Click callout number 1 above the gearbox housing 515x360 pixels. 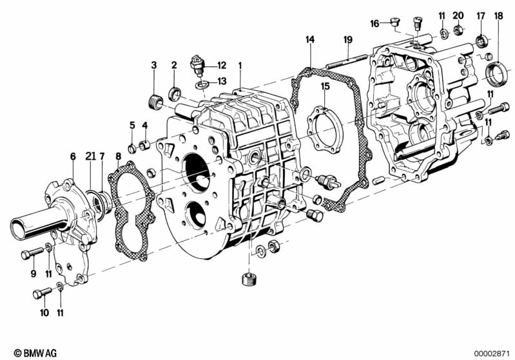[x=240, y=65]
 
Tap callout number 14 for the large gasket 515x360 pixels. [x=310, y=40]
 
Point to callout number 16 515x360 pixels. [x=374, y=24]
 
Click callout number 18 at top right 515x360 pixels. [x=498, y=15]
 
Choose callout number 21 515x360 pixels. [x=90, y=156]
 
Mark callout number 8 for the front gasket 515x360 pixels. [x=118, y=156]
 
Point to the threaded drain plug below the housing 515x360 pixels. [x=244, y=279]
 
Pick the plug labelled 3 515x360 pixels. [x=153, y=101]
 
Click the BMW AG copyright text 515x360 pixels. [x=32, y=353]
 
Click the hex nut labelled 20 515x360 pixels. [x=458, y=30]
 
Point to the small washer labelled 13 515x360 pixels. [x=202, y=84]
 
